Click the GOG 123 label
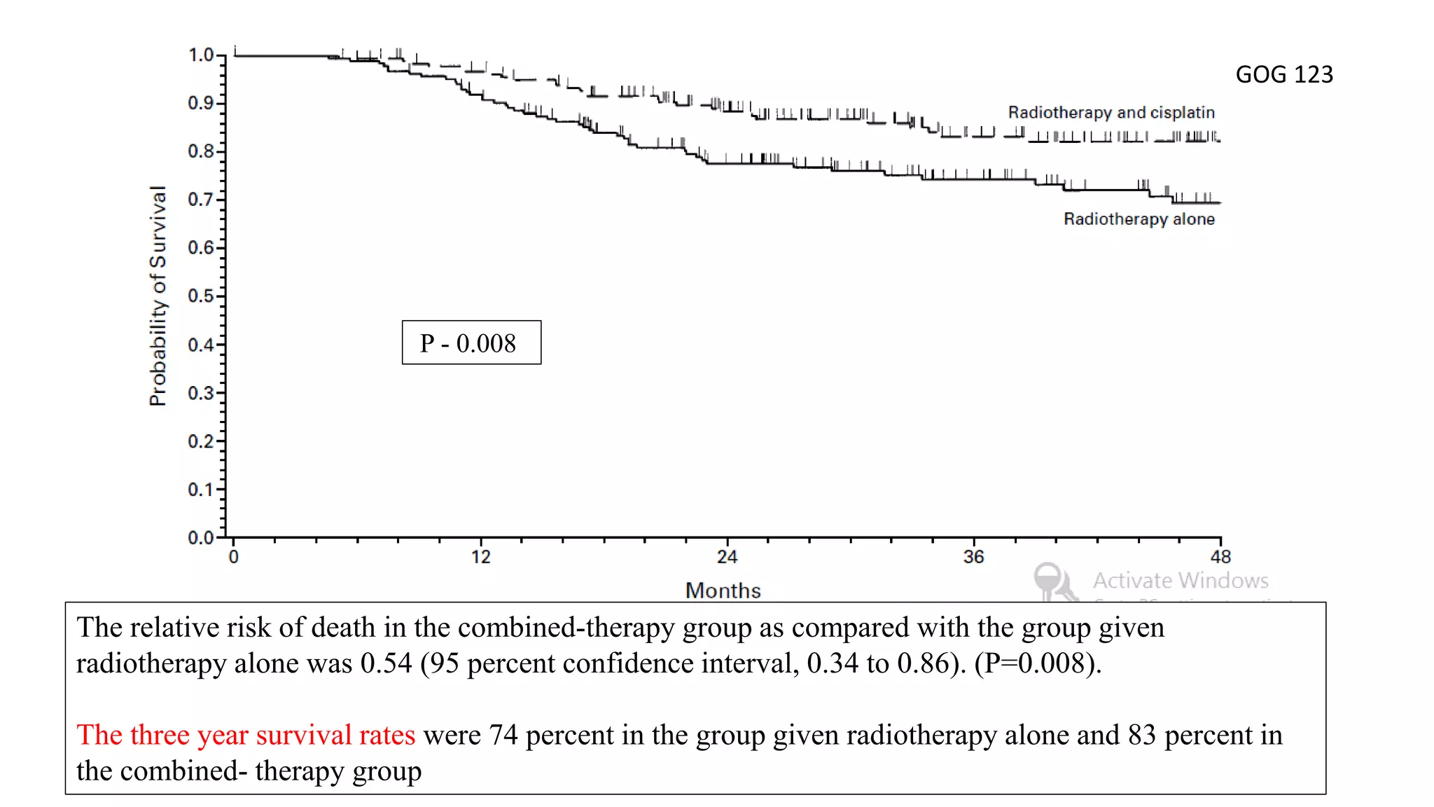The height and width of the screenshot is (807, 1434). [1283, 74]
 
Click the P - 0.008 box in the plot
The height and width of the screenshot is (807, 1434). [471, 343]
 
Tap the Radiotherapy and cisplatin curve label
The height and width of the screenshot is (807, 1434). [1111, 112]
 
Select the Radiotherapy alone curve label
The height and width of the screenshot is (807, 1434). [1139, 219]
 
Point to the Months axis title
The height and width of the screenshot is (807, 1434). [723, 591]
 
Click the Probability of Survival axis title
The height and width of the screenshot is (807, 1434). [158, 296]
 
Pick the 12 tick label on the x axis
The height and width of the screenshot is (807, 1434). [480, 557]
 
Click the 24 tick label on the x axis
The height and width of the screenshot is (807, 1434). [727, 557]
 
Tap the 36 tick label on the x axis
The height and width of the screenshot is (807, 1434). [973, 557]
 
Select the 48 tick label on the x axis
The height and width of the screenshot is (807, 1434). [1220, 557]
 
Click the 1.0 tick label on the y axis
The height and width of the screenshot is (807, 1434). [200, 55]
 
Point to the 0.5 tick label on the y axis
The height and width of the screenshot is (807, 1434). [200, 296]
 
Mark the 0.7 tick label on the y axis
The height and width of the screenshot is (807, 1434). [200, 200]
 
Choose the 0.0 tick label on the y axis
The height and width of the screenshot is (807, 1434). [200, 537]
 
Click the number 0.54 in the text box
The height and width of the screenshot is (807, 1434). [386, 663]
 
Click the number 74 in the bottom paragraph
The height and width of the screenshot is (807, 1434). [503, 735]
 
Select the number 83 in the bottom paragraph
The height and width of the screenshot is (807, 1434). [1141, 735]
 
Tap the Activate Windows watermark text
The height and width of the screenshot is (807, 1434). [1181, 580]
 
